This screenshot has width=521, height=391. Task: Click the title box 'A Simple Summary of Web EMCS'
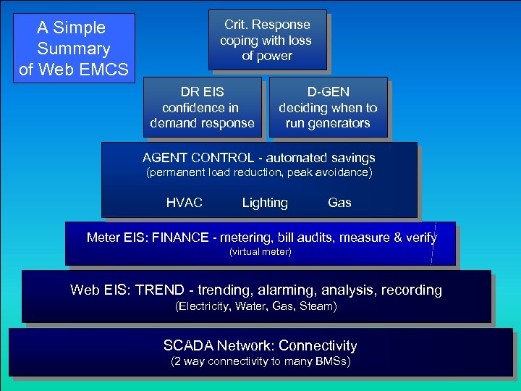pos(74,48)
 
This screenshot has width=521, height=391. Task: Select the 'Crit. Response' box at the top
pos(267,40)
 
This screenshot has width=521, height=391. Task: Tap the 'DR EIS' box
pos(203,107)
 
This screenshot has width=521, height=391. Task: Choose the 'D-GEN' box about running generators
pos(328,107)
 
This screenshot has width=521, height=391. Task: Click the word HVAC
pos(185,203)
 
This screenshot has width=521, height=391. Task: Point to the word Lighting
pos(265,203)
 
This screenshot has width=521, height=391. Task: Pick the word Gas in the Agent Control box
pos(339,203)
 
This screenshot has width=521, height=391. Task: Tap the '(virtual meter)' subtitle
pos(260,251)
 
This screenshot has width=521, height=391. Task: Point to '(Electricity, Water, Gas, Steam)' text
pos(256,306)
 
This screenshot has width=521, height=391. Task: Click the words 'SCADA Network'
pos(217,345)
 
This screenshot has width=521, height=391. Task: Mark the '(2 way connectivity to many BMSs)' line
pos(260,361)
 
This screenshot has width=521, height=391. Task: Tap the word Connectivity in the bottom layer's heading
pos(318,345)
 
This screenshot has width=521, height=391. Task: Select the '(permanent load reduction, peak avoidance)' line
pos(259,172)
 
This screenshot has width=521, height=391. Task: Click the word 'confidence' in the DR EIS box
pos(190,108)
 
